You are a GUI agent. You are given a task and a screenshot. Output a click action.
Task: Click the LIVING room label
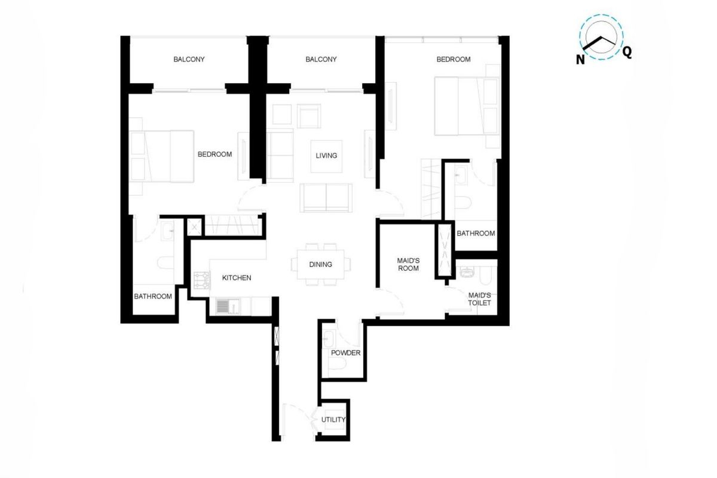pos(326,155)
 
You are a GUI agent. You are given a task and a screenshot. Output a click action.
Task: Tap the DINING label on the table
pos(320,265)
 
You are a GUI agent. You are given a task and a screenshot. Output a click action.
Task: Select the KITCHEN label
pos(237,278)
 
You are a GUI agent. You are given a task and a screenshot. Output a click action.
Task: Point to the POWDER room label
pos(346,353)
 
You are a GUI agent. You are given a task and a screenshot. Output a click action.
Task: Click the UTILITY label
pos(333,419)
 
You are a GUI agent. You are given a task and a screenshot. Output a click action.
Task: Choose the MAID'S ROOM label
pos(408,265)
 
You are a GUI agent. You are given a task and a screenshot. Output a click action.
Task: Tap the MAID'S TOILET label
pos(479,299)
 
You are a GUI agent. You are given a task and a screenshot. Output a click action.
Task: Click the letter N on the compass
pos(580,60)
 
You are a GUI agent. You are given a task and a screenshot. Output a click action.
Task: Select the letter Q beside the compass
pos(627,52)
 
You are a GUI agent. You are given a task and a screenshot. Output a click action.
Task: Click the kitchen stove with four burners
pos(202,280)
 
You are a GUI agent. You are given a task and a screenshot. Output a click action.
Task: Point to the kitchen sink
pos(227,306)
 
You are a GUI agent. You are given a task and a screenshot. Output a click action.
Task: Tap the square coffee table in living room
pos(326,156)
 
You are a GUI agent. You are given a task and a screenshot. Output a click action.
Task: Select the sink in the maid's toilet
pos(467,272)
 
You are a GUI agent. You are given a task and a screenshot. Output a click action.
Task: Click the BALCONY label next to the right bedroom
pos(321,59)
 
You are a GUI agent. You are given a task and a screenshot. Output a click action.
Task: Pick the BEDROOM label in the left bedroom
pos(215,154)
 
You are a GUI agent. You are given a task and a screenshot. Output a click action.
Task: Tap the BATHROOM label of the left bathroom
pos(153,296)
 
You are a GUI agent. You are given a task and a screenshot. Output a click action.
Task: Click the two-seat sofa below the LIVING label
pos(326,198)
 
